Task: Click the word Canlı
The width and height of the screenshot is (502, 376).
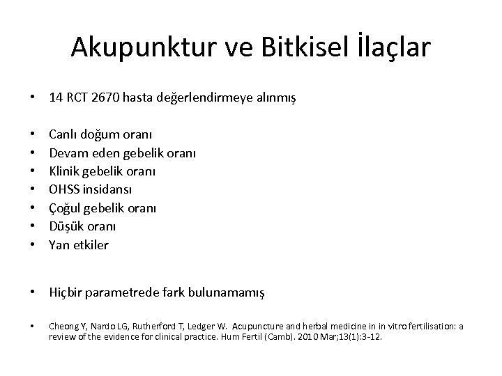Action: (x=63, y=132)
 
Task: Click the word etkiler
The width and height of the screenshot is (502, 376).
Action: (x=90, y=245)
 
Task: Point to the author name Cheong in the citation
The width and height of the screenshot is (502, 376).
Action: (x=63, y=326)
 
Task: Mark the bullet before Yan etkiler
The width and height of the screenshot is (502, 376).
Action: (x=33, y=245)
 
